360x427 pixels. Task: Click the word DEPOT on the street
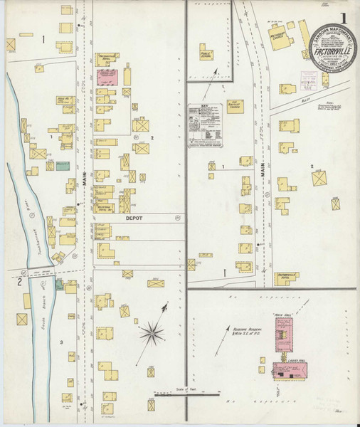click(134, 219)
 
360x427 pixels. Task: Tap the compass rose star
click(152, 331)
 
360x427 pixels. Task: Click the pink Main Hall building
click(284, 334)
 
